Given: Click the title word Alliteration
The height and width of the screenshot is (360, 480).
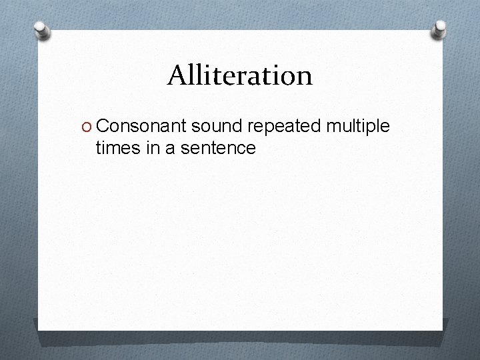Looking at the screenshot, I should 239,75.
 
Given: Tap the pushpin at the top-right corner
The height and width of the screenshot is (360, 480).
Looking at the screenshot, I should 440,28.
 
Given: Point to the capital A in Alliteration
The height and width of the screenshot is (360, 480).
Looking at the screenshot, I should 177,75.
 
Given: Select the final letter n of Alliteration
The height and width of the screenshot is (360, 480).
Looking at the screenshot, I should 305,78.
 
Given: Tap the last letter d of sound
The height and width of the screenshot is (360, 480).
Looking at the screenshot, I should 241,125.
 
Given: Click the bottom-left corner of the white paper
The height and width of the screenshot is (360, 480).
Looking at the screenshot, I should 39,329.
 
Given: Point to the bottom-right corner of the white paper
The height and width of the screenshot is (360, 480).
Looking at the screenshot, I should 443,329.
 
